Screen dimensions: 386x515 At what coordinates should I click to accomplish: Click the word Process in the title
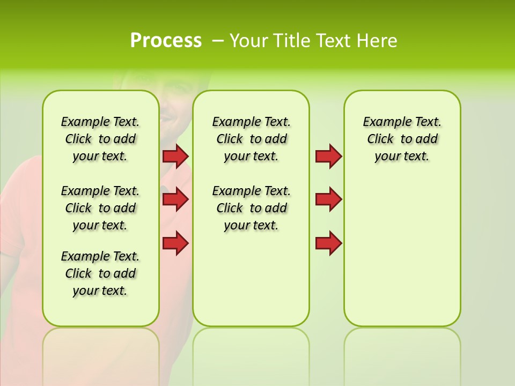166,41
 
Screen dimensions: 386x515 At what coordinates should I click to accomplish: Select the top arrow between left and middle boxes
175,156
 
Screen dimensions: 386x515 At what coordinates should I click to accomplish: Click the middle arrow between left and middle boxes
175,199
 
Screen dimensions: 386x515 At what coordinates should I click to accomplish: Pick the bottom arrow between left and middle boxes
175,243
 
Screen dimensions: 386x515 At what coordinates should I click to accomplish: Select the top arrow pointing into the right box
328,156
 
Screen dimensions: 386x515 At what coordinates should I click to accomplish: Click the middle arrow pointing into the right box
328,199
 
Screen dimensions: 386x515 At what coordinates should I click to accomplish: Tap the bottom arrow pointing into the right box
328,243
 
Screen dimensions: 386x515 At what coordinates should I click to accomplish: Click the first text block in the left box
100,139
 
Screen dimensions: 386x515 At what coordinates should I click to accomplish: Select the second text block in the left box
100,208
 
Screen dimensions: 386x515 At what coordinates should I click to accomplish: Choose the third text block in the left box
100,273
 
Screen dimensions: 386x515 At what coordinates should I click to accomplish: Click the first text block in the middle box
251,139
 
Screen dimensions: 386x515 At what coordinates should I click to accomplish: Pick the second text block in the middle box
251,208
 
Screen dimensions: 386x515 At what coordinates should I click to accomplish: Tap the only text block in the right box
402,139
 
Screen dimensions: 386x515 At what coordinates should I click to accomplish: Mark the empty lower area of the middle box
251,279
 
